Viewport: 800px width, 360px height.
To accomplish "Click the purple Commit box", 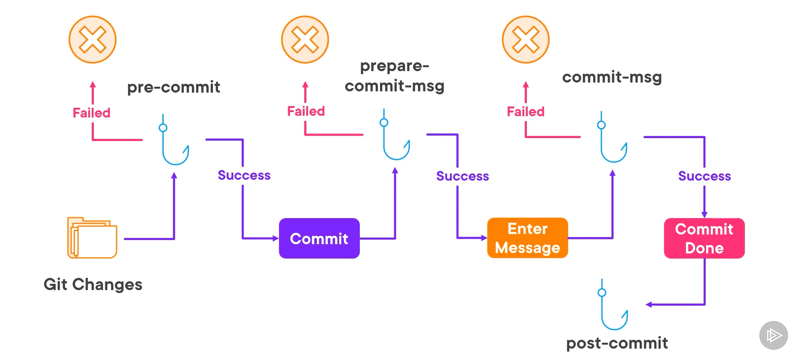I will [x=319, y=238].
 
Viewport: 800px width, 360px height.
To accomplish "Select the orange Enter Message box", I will [x=527, y=238].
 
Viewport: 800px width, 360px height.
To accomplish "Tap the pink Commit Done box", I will [x=704, y=238].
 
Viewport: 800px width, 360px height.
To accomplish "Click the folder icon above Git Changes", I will [x=92, y=238].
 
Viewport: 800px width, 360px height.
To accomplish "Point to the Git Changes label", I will [x=93, y=285].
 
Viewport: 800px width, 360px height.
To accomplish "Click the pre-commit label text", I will [x=173, y=87].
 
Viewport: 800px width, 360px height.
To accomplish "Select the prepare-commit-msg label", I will [x=394, y=76].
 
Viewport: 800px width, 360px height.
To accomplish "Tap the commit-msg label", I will [x=612, y=77].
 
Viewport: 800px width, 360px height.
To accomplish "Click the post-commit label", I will [x=617, y=343].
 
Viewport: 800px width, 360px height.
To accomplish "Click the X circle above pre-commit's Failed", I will [x=93, y=40].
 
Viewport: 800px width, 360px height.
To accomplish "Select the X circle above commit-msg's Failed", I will [x=526, y=40].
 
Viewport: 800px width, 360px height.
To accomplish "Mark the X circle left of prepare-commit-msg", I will [x=305, y=40].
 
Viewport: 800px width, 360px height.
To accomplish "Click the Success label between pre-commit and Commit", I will [x=244, y=175].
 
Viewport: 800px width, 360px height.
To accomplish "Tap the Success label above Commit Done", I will [x=704, y=176].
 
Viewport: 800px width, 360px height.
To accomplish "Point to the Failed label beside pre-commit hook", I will [x=91, y=113].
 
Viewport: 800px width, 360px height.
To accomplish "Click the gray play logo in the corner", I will [x=773, y=336].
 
